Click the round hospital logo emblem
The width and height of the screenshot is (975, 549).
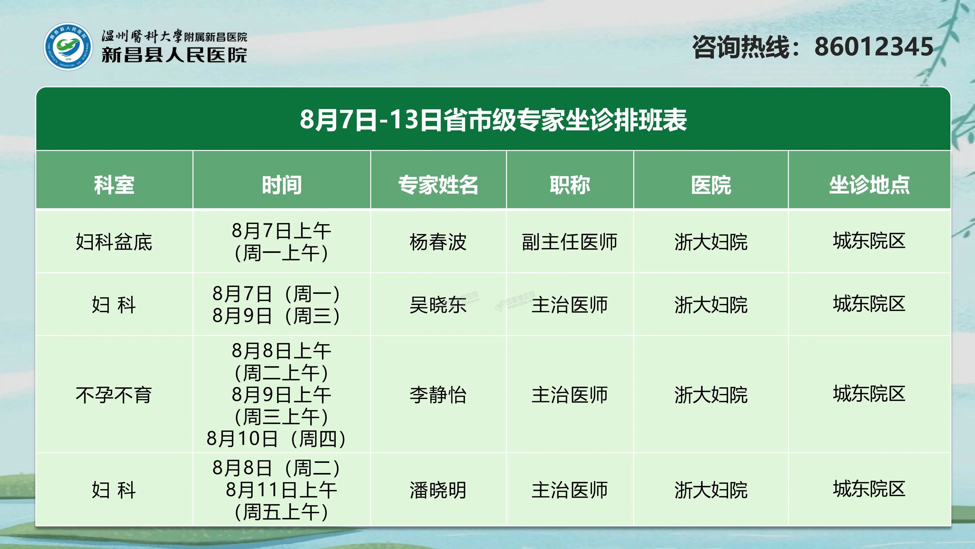click(68, 46)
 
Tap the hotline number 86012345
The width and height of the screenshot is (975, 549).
click(874, 47)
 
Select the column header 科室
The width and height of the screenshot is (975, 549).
click(114, 185)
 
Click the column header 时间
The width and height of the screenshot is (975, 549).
click(282, 185)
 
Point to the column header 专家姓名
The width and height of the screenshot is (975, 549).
click(438, 185)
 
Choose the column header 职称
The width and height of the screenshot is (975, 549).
click(570, 185)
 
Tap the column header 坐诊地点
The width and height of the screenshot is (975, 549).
click(869, 185)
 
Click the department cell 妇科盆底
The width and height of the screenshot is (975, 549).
click(114, 242)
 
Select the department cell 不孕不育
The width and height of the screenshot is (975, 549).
click(114, 395)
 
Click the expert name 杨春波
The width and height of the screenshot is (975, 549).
click(438, 242)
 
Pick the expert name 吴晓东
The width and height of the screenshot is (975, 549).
click(438, 305)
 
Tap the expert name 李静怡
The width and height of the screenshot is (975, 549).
click(438, 395)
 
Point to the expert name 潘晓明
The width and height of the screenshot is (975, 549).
click(438, 490)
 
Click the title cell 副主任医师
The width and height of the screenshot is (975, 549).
click(570, 242)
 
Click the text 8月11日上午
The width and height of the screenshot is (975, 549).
click(281, 490)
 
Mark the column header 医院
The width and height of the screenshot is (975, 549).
click(711, 185)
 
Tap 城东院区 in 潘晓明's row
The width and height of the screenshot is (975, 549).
click(869, 489)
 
